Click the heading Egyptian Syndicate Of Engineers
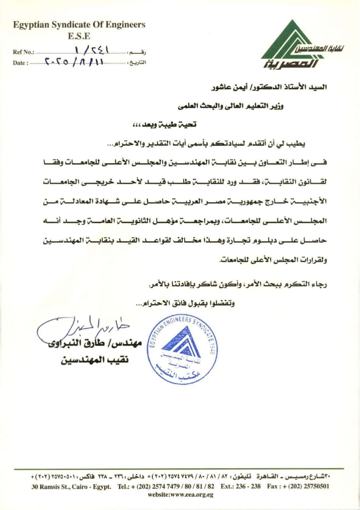(x=79, y=25)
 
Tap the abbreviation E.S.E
(x=79, y=36)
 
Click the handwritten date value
(x=75, y=61)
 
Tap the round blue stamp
(x=182, y=349)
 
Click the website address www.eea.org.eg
(x=180, y=494)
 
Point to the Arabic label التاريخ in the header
(x=138, y=63)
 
